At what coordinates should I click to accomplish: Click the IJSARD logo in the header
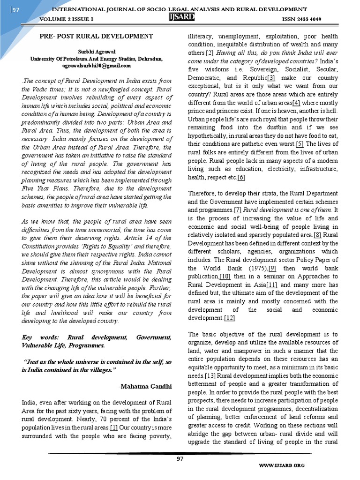coord(180,17)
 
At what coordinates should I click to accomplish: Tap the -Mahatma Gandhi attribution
coord(145,385)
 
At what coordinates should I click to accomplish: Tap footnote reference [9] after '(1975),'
coord(271,268)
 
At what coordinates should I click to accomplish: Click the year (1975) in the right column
coord(253,268)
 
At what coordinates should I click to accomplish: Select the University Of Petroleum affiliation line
coord(96,59)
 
